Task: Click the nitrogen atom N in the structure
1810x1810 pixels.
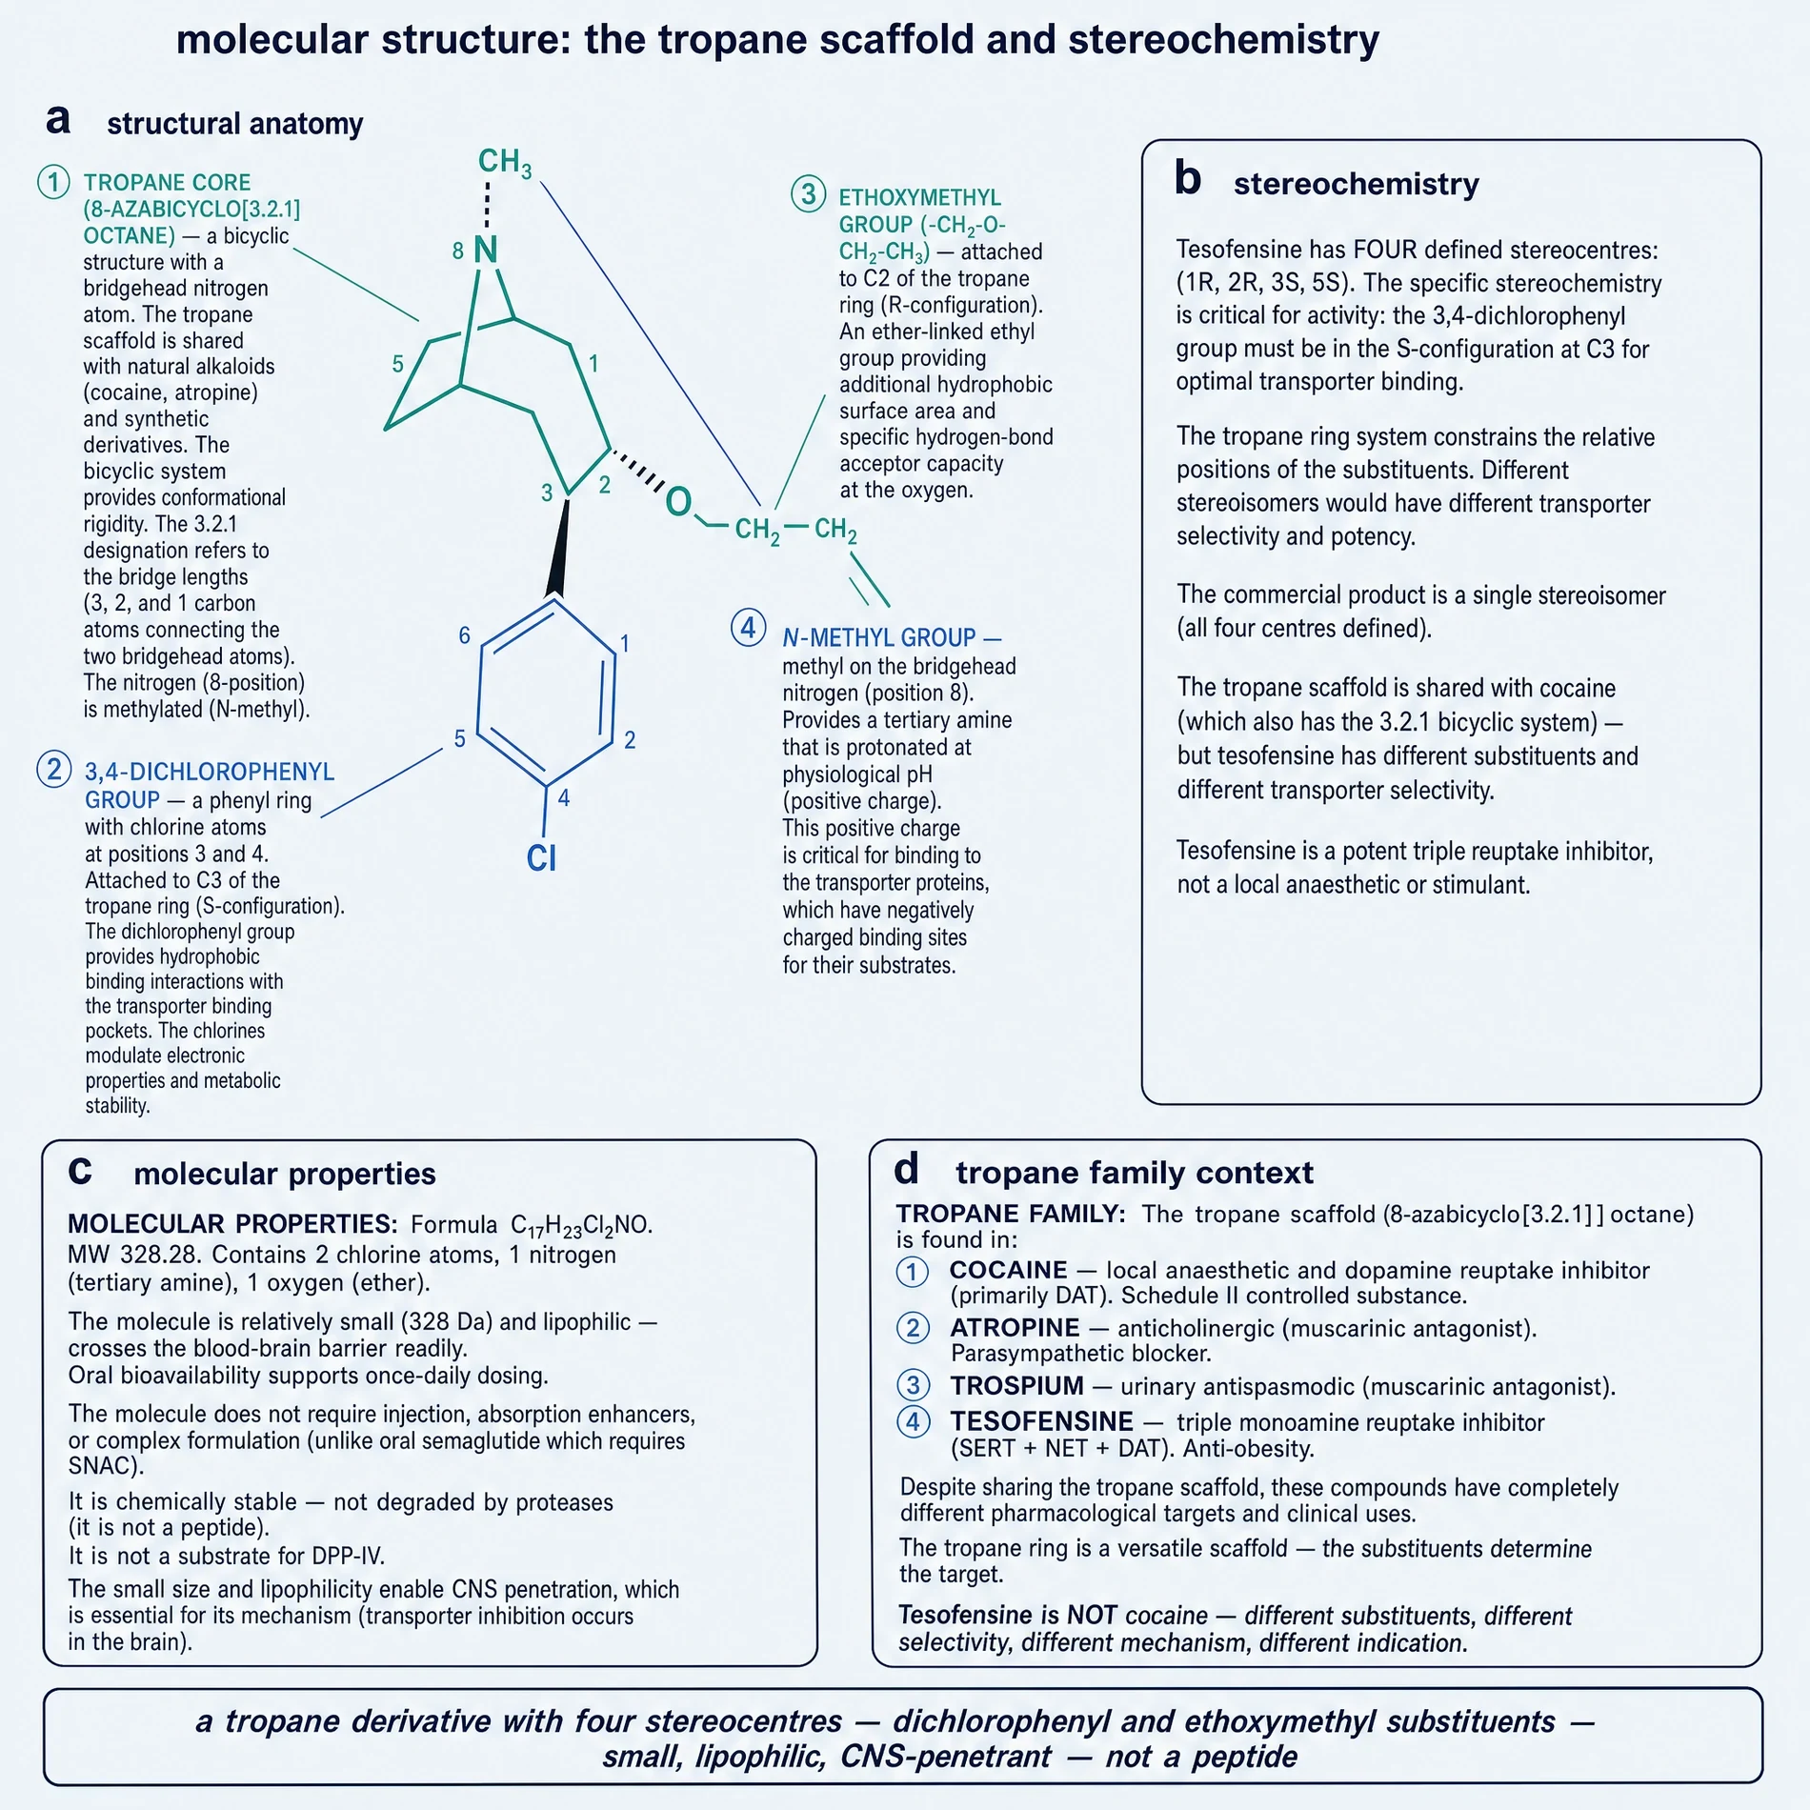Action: pos(486,251)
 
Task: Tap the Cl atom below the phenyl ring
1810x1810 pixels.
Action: pos(541,858)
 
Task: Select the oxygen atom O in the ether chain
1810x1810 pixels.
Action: pos(678,501)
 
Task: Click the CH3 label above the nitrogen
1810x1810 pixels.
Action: pos(505,163)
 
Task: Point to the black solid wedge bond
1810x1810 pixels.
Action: pos(560,548)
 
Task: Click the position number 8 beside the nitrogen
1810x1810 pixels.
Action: pos(458,251)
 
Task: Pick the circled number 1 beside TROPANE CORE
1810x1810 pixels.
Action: pos(54,182)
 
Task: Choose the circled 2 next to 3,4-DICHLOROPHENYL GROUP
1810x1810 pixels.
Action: pos(54,769)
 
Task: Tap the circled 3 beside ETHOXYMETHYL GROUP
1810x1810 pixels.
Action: pos(809,194)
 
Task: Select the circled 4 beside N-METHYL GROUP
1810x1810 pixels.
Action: pos(749,629)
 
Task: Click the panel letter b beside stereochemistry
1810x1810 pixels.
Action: pos(1188,178)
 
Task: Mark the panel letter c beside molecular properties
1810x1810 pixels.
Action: pos(80,1171)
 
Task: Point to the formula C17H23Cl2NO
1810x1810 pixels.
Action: pos(582,1226)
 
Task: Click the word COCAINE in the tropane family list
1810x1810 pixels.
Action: pos(1009,1271)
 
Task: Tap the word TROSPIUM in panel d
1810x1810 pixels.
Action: pos(1017,1386)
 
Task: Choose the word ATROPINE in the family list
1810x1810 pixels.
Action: pos(1015,1328)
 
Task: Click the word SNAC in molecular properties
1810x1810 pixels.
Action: pos(99,1466)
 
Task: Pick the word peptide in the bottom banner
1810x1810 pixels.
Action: pos(1244,1757)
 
